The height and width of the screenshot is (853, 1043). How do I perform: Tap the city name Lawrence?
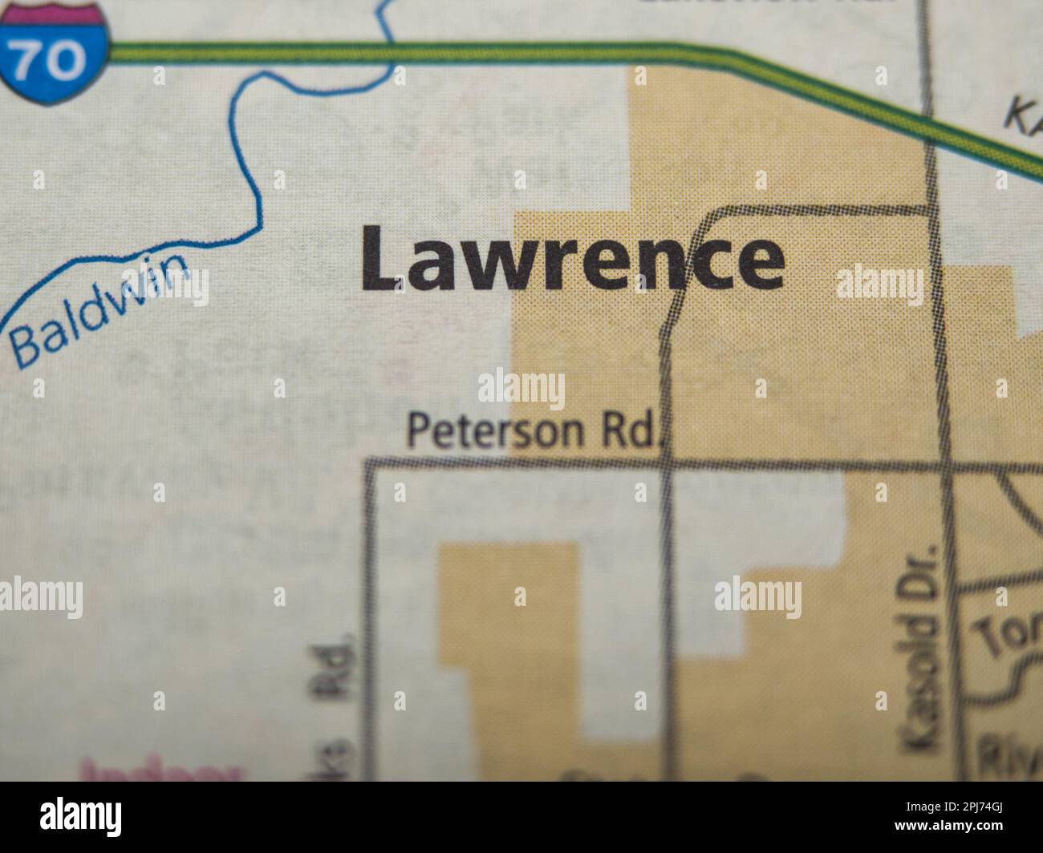click(572, 258)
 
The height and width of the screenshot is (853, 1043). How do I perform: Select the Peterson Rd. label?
click(534, 431)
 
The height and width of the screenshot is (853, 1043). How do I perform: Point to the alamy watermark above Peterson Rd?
click(521, 390)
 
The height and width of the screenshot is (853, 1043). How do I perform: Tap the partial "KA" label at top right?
click(1023, 116)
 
